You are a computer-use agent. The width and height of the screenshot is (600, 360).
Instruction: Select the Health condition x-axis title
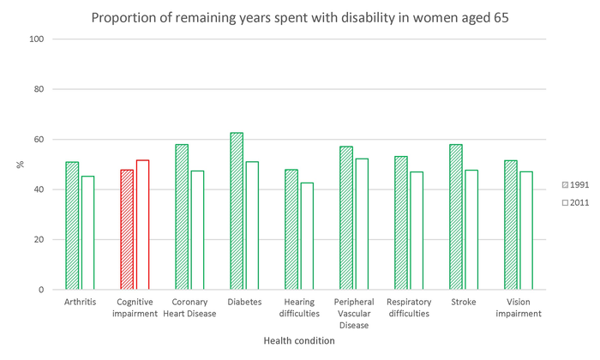299,340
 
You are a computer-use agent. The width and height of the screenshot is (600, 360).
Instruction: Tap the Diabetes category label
244,303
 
